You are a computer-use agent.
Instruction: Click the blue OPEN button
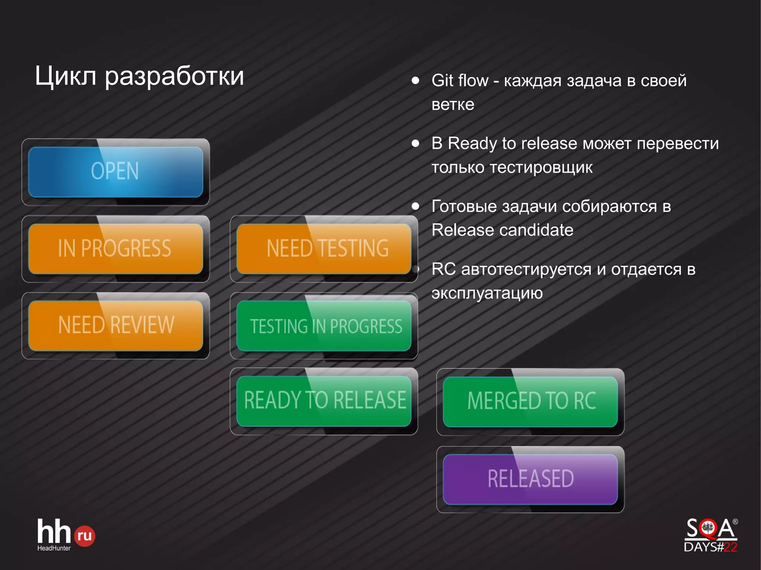click(x=116, y=172)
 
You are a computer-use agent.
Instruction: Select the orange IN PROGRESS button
click(x=116, y=248)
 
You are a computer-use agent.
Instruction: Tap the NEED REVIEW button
click(x=116, y=325)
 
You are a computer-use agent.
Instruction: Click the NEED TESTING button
click(x=324, y=248)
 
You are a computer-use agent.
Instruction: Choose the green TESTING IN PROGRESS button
click(x=324, y=326)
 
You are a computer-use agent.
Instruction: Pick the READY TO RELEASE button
click(x=324, y=401)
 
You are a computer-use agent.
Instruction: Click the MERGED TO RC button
click(x=530, y=401)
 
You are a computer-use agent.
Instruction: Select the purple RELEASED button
click(x=530, y=479)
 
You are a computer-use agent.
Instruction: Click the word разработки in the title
click(x=174, y=76)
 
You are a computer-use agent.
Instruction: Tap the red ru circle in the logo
click(x=85, y=536)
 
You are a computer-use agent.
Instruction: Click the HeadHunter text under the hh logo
click(x=54, y=548)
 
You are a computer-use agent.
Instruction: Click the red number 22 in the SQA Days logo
click(x=730, y=547)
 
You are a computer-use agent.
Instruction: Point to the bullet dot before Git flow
click(x=415, y=81)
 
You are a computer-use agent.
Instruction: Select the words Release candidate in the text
click(x=502, y=230)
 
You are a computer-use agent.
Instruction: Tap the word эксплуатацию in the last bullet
click(x=487, y=293)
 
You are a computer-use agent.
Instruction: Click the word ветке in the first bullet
click(x=453, y=105)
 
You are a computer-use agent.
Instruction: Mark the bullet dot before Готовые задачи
click(x=415, y=206)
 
